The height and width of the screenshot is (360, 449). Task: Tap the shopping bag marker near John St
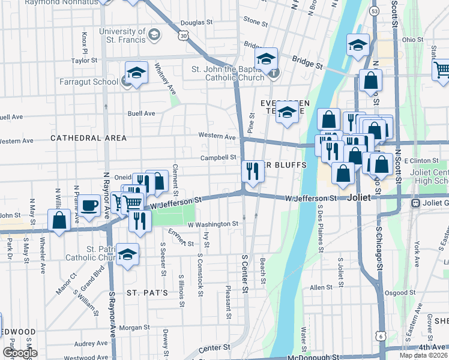pos(59,221)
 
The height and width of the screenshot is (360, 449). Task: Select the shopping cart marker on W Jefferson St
pos(133,202)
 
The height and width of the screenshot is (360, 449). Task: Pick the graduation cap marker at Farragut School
pos(137,74)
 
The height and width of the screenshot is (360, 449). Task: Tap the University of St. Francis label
pos(122,35)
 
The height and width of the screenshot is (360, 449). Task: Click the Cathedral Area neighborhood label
pos(89,138)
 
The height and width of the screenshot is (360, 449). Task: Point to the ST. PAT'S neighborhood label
pos(142,292)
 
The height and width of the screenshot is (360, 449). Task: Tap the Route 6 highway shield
pos(381,336)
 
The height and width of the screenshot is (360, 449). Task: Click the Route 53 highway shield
pos(375,11)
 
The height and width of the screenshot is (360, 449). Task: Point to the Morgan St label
pos(134,328)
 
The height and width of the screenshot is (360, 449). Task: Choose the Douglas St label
pos(193,23)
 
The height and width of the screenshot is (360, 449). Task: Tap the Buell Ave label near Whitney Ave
pos(142,113)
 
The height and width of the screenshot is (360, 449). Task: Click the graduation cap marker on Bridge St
pos(266,59)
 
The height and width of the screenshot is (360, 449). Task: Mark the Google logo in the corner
pos(20,353)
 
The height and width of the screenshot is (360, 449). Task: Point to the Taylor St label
pos(84,61)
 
